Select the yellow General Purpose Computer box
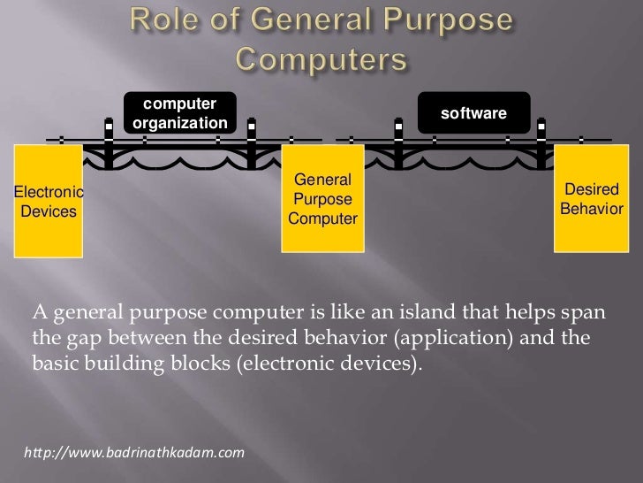click(322, 200)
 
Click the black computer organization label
click(180, 113)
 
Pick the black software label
click(473, 113)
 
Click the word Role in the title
click(166, 19)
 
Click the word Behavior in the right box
click(592, 210)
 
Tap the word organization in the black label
click(180, 123)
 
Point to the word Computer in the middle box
click(323, 218)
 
